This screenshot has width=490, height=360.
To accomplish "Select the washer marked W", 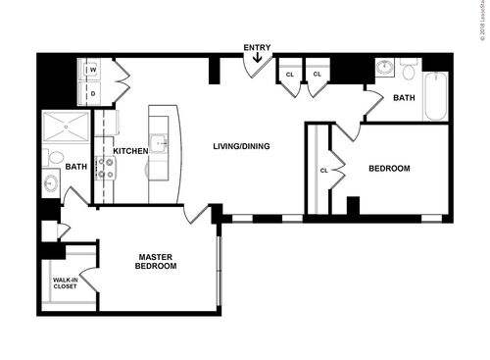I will (x=93, y=71).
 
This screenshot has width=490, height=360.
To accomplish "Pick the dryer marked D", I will (x=93, y=94).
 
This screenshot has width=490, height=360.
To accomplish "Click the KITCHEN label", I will (x=130, y=151).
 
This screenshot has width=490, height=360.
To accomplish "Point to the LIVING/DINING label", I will (x=241, y=147).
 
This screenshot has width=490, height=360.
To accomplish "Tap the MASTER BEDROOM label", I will (x=156, y=262).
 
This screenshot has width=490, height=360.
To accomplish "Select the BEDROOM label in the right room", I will (x=389, y=169).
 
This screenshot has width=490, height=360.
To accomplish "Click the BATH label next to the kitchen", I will (x=75, y=167).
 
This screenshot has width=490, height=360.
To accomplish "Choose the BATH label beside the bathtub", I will (x=404, y=98).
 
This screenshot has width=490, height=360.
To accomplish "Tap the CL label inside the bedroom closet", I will (x=323, y=171).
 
